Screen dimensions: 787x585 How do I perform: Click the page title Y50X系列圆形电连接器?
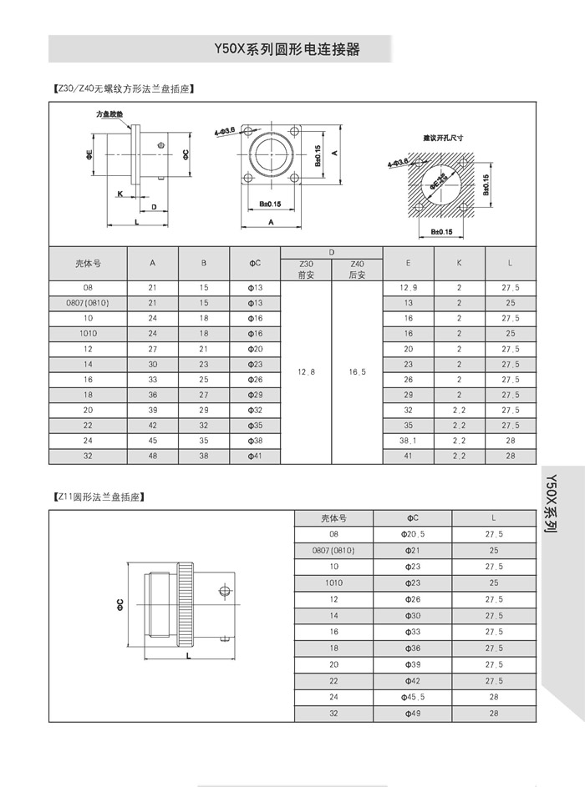pos(287,49)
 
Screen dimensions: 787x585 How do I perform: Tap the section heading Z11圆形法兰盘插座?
pos(99,497)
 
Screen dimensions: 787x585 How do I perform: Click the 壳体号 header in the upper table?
pos(88,263)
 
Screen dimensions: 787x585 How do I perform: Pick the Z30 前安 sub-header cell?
pos(305,269)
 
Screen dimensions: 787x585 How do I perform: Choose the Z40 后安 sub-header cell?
pos(357,269)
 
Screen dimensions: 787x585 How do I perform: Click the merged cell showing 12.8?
pos(305,371)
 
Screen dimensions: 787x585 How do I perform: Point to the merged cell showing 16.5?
pos(357,371)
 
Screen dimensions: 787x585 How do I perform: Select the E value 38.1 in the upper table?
pos(408,440)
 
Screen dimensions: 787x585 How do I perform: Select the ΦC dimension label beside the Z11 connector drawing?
pos(120,603)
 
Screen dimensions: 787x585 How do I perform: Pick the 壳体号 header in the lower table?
pos(333,517)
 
